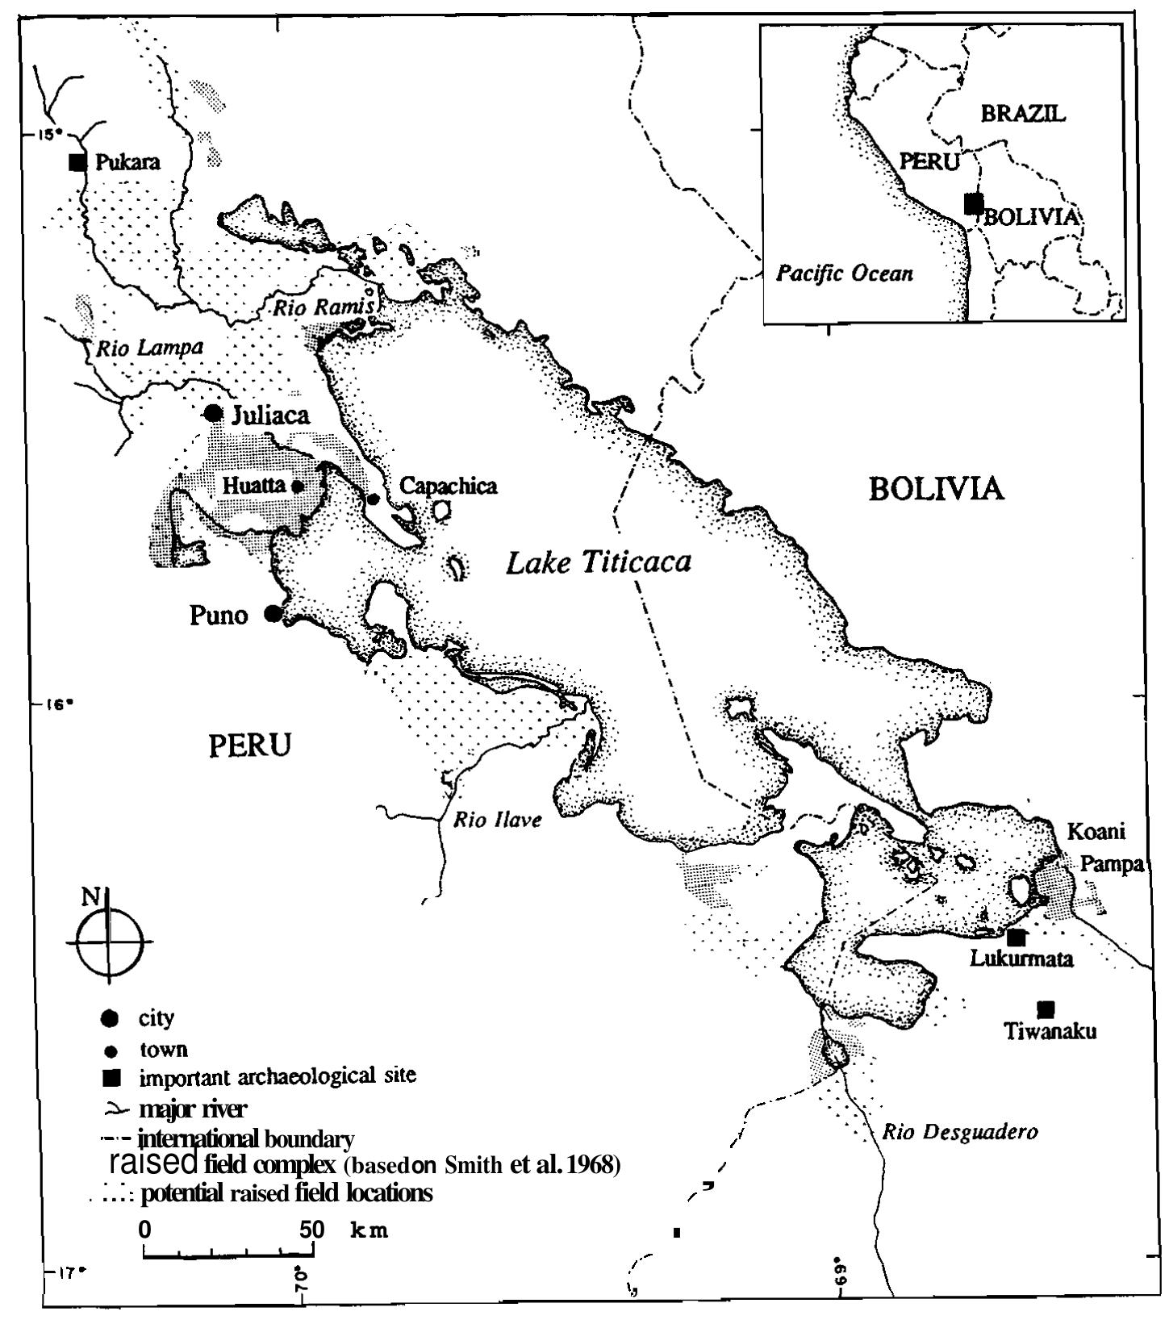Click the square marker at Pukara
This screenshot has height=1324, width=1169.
(x=77, y=162)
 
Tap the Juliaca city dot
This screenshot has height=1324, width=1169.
(x=213, y=413)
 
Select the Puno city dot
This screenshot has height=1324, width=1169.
(x=273, y=614)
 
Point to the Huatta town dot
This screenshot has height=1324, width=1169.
(x=297, y=486)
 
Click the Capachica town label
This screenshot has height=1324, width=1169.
(x=449, y=486)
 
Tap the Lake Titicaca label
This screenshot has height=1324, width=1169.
(x=598, y=562)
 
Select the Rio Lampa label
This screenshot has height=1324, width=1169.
(x=149, y=348)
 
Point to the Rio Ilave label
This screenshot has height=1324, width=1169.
(x=497, y=821)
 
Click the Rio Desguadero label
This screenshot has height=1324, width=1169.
(x=959, y=1132)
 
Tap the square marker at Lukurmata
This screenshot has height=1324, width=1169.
(x=1017, y=938)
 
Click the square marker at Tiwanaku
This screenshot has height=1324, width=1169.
(x=1046, y=1009)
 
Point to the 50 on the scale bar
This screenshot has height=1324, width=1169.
(x=311, y=1230)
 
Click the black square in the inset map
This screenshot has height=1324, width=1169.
(x=975, y=203)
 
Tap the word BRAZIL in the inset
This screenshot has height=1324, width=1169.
(x=1023, y=114)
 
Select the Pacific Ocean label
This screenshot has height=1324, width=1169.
(x=845, y=274)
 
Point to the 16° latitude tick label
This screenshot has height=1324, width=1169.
(x=56, y=703)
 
